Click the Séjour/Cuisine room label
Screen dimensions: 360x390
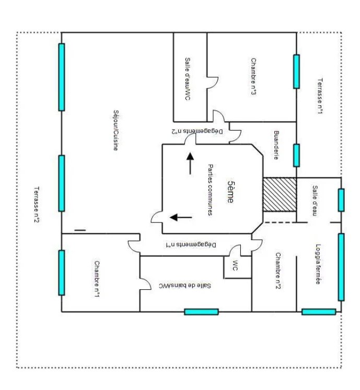[x=116, y=131]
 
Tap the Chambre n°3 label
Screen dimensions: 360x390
[x=254, y=77]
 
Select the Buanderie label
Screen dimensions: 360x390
[x=276, y=145]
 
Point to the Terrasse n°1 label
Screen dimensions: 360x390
[x=320, y=96]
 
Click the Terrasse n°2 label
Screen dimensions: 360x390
[x=37, y=205]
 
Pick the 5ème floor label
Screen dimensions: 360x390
[x=231, y=192]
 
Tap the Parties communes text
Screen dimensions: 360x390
[x=211, y=190]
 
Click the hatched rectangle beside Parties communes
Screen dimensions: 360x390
[x=280, y=195]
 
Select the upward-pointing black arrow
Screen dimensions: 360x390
[x=191, y=163]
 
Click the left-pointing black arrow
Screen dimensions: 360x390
[x=181, y=217]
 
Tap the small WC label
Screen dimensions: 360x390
[x=235, y=265]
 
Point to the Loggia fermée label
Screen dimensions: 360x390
[x=318, y=264]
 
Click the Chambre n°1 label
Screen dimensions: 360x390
[x=97, y=279]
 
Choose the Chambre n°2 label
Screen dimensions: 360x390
[x=278, y=271]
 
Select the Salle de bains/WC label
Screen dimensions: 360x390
[x=185, y=286]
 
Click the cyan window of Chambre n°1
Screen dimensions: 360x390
[x=62, y=273]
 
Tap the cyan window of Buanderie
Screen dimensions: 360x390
[x=296, y=155]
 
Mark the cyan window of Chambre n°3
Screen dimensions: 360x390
[x=296, y=72]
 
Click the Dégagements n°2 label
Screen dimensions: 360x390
[x=198, y=131]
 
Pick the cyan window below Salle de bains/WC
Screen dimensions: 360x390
[x=201, y=312]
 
